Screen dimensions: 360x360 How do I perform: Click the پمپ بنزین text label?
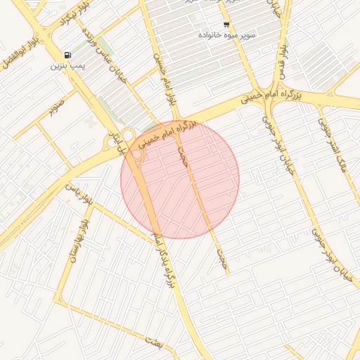pos(66,66)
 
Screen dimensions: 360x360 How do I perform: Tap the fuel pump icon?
pos(67,55)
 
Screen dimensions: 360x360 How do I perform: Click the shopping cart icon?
pos(226,25)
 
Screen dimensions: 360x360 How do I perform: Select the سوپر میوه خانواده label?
pos(226,34)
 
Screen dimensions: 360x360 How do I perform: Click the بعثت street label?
pos(154,342)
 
